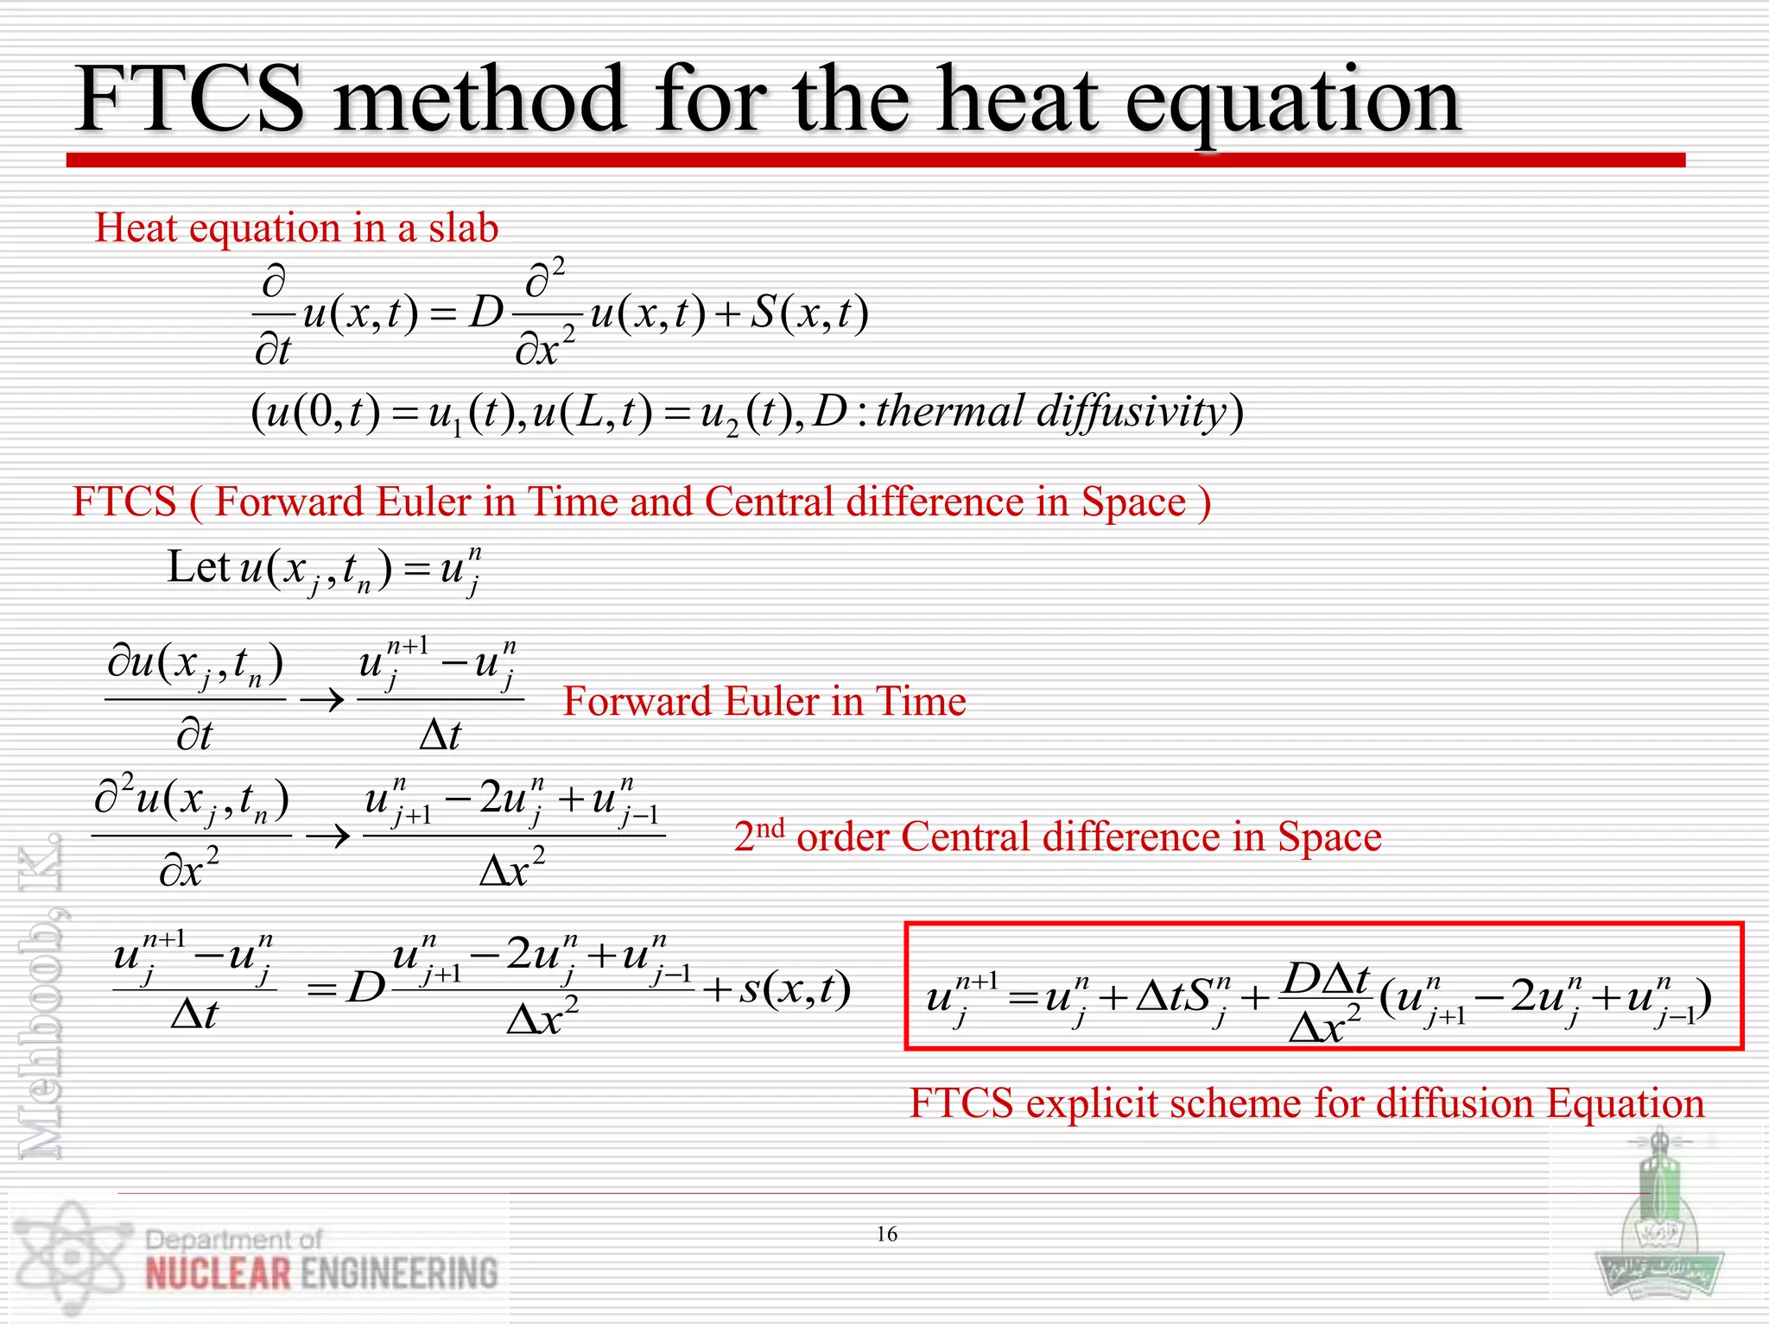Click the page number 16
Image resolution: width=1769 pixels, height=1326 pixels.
click(x=887, y=1234)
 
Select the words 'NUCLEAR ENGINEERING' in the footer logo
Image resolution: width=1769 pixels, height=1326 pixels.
click(x=321, y=1274)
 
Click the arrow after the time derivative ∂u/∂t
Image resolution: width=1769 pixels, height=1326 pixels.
click(x=321, y=700)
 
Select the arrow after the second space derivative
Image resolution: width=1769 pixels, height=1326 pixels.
click(x=328, y=836)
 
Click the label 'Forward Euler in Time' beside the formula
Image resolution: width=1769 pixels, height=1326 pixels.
click(x=764, y=701)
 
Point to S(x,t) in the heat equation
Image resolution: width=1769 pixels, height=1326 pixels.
click(x=808, y=313)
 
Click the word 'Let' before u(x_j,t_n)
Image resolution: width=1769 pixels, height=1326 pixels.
click(x=198, y=567)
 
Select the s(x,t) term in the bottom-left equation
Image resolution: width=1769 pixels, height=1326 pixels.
click(x=795, y=988)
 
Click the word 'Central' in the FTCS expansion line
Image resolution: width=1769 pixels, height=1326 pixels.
click(x=769, y=502)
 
